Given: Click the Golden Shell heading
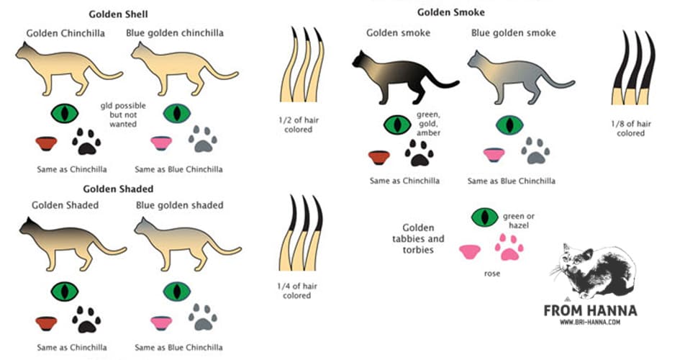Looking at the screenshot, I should click(118, 14).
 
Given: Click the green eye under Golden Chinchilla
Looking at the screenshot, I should click(65, 113).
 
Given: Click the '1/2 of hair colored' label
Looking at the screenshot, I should click(298, 125).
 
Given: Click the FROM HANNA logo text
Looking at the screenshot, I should click(589, 310).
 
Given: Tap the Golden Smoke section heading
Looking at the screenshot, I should click(451, 12).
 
